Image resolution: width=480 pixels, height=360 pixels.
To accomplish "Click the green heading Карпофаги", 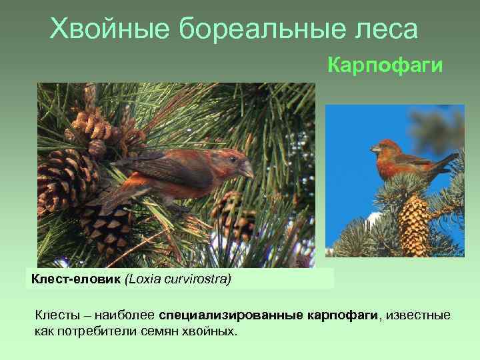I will pos(385,65).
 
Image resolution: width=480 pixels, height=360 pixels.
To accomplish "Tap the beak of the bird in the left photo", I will pos(247,171).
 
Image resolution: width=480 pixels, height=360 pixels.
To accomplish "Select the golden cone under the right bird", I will pos(415,223).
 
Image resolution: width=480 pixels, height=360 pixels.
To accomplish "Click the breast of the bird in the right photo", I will pos(386,167).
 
